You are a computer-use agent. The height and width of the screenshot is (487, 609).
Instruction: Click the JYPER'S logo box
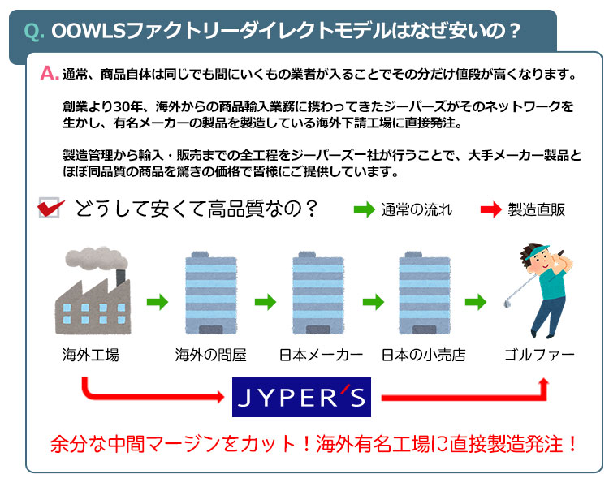pyautogui.click(x=302, y=397)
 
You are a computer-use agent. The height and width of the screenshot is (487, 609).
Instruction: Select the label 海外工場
pyautogui.click(x=90, y=356)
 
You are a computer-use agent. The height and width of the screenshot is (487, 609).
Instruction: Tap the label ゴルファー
pyautogui.click(x=539, y=356)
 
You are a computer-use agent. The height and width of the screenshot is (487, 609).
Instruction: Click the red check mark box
pyautogui.click(x=50, y=209)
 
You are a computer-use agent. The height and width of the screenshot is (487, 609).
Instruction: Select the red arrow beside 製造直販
pyautogui.click(x=491, y=209)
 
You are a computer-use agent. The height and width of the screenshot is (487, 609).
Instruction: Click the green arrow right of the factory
pyautogui.click(x=157, y=303)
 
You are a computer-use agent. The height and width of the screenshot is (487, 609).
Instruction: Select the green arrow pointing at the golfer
pyautogui.click(x=476, y=303)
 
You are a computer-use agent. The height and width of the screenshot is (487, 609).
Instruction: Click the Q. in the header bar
pyautogui.click(x=34, y=32)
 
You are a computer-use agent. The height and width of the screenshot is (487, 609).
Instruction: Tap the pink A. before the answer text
pyautogui.click(x=49, y=74)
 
